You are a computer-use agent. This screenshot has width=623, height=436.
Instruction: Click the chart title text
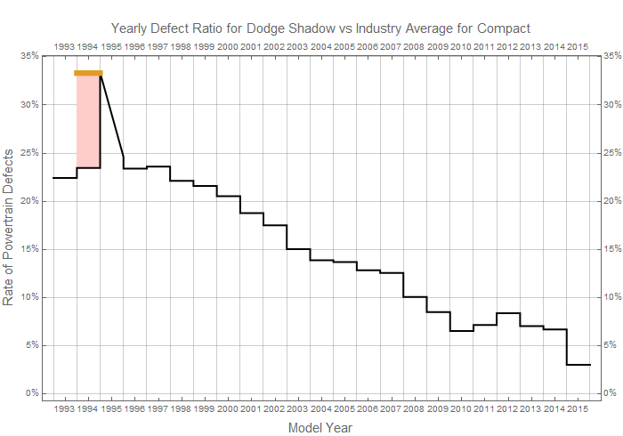click(320, 28)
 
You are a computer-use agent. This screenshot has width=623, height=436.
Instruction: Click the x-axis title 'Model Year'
click(320, 428)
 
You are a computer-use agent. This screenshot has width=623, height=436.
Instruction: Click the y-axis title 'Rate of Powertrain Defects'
click(10, 227)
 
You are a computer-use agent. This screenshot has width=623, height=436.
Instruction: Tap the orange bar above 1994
click(88, 73)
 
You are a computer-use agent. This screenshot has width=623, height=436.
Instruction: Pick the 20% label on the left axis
click(28, 201)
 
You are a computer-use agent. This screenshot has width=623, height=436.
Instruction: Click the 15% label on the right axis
click(611, 249)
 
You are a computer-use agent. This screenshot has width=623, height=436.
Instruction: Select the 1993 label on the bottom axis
click(64, 408)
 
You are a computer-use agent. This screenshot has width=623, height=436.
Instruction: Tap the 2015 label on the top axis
click(578, 45)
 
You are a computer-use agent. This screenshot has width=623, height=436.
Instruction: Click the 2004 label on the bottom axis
click(320, 408)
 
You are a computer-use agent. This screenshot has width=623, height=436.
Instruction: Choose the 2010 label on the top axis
click(461, 45)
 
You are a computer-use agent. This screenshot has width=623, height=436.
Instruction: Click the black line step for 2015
click(578, 365)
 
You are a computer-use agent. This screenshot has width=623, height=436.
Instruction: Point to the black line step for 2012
click(508, 313)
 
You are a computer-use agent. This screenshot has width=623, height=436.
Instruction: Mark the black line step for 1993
click(64, 178)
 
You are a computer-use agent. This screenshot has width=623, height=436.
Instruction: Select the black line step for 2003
click(298, 249)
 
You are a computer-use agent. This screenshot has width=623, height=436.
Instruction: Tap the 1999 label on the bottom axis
click(205, 408)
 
